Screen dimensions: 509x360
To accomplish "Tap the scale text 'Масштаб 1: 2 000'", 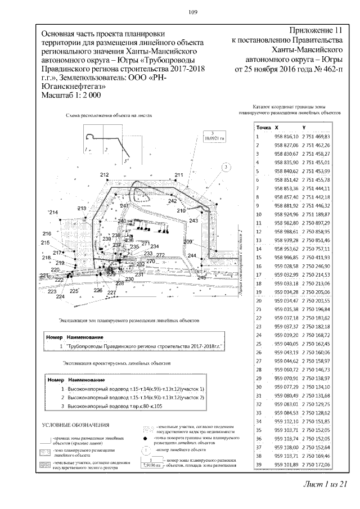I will pyautogui.click(x=71, y=96).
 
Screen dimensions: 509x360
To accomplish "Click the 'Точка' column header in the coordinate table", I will pyautogui.click(x=263, y=128).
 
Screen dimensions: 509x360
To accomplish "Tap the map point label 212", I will pyautogui.click(x=104, y=175).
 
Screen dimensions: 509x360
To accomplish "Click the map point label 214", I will pyautogui.click(x=54, y=212).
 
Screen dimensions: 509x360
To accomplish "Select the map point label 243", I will pyautogui.click(x=194, y=220).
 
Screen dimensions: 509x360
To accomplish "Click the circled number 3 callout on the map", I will pyautogui.click(x=225, y=167).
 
